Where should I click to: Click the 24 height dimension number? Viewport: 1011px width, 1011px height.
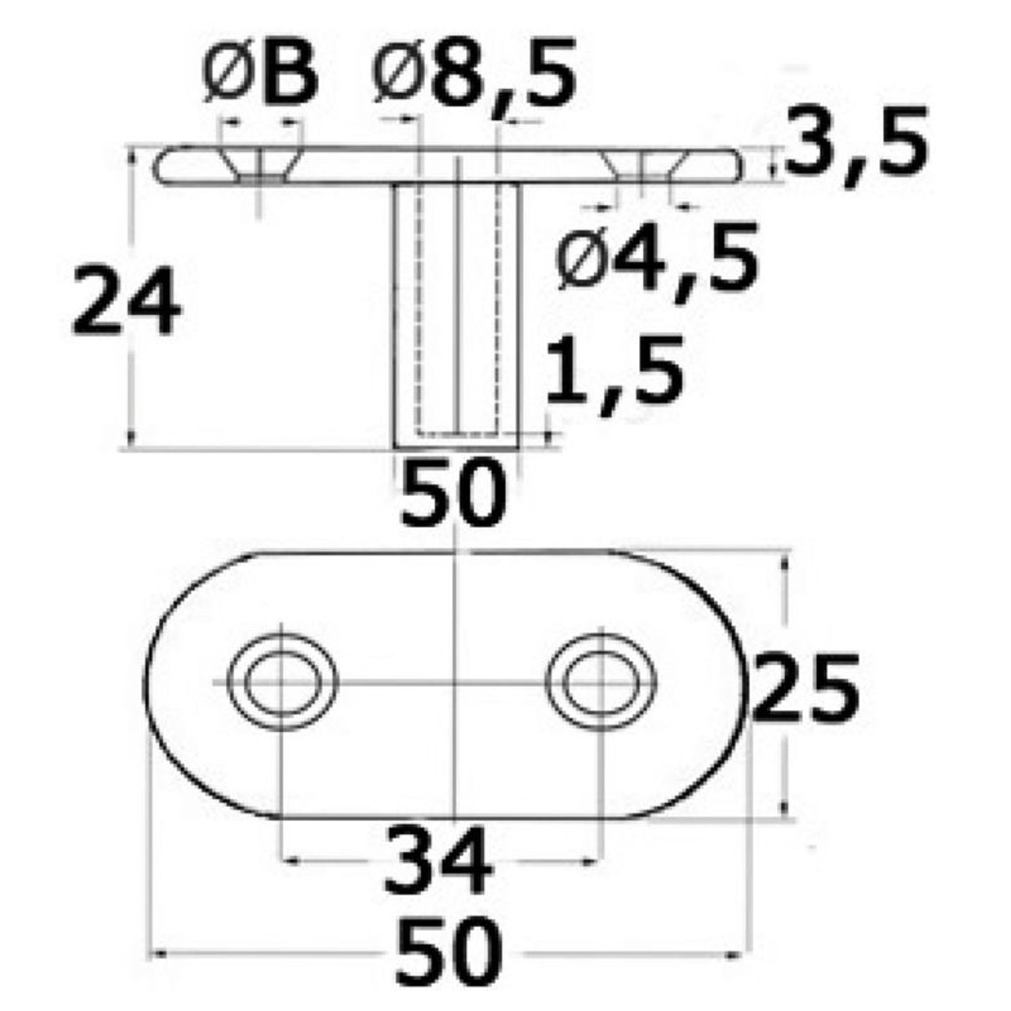tap(126, 302)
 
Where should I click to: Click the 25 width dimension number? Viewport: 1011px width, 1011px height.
tap(805, 687)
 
